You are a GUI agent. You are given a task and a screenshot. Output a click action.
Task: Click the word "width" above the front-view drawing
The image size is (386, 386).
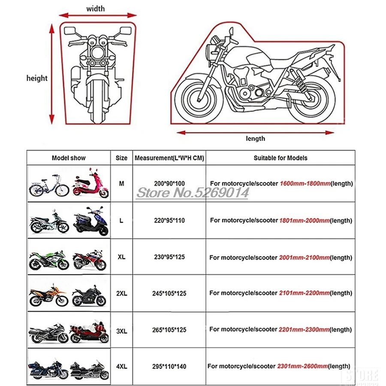click(x=95, y=9)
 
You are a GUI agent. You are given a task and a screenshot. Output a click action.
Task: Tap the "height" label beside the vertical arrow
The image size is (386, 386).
click(x=37, y=78)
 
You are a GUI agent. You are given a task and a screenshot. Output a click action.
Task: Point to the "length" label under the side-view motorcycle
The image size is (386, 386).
click(x=255, y=139)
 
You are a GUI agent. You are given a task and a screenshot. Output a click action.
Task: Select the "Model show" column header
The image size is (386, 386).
click(x=69, y=158)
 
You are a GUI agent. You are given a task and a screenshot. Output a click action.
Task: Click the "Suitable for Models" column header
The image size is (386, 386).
click(x=280, y=158)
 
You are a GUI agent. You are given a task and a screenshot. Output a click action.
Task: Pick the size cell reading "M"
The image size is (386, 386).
click(x=121, y=183)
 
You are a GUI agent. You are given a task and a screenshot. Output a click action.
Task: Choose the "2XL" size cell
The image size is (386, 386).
click(x=121, y=293)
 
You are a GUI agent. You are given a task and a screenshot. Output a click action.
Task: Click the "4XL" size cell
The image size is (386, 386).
click(x=121, y=366)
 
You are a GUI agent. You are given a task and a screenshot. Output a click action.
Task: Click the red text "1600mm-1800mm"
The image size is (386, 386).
click(x=305, y=184)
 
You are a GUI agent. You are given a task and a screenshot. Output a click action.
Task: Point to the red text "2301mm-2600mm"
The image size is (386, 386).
click(x=302, y=366)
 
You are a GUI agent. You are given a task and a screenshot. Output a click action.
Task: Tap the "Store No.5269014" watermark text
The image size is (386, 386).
click(x=193, y=193)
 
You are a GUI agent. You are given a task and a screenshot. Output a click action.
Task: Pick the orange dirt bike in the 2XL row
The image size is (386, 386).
click(x=48, y=295)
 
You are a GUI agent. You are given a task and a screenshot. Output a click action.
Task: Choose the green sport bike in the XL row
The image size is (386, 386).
click(x=48, y=259)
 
